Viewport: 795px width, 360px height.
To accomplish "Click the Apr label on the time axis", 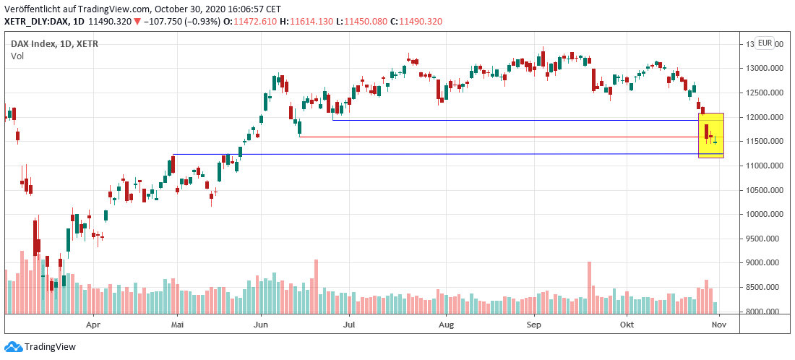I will (x=93, y=325).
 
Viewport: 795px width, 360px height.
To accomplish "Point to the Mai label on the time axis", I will (x=178, y=325).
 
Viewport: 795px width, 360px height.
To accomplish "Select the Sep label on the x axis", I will (x=534, y=325).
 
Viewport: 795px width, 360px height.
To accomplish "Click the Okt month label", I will (x=627, y=325).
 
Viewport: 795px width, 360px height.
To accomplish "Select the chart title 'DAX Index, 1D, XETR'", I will (x=54, y=44).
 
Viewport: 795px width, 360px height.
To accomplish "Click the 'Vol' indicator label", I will (x=17, y=56).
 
